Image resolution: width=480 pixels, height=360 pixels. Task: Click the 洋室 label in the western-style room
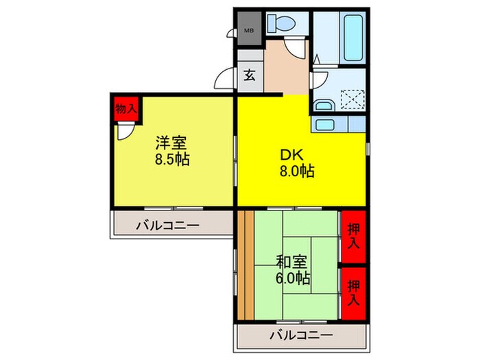click(171, 144)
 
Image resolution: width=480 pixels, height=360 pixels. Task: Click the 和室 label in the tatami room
click(293, 262)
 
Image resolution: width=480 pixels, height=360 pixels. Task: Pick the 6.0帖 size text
click(293, 278)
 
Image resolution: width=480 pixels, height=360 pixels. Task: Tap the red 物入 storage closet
click(125, 108)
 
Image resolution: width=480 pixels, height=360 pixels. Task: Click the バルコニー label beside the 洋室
click(167, 224)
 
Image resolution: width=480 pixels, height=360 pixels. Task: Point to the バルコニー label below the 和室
click(300, 335)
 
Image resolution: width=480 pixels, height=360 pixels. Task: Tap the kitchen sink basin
click(325, 124)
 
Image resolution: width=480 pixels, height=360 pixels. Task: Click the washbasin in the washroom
click(324, 105)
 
